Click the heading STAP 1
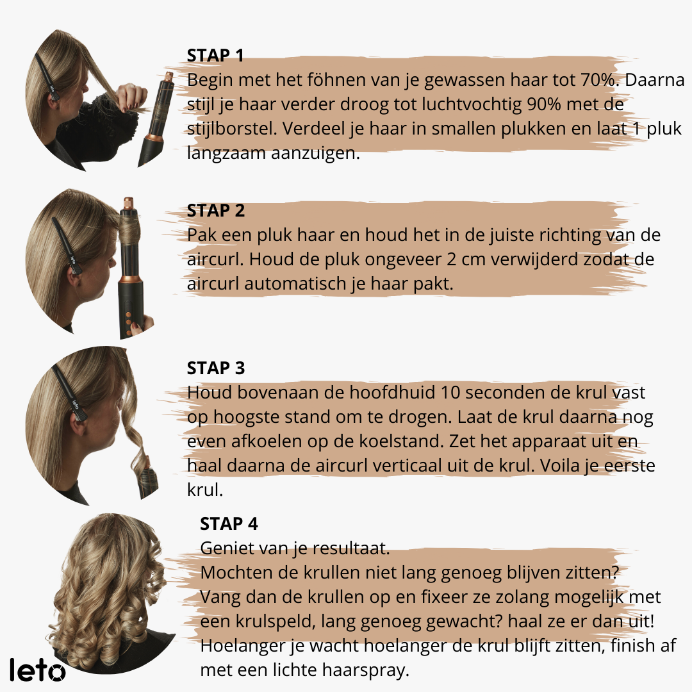pos(215,56)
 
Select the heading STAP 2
pos(216,211)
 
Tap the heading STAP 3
pos(216,368)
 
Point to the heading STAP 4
pos(229,524)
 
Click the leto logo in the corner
pos(38,670)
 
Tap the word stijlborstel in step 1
pos(232,129)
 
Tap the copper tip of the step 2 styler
pos(128,204)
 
